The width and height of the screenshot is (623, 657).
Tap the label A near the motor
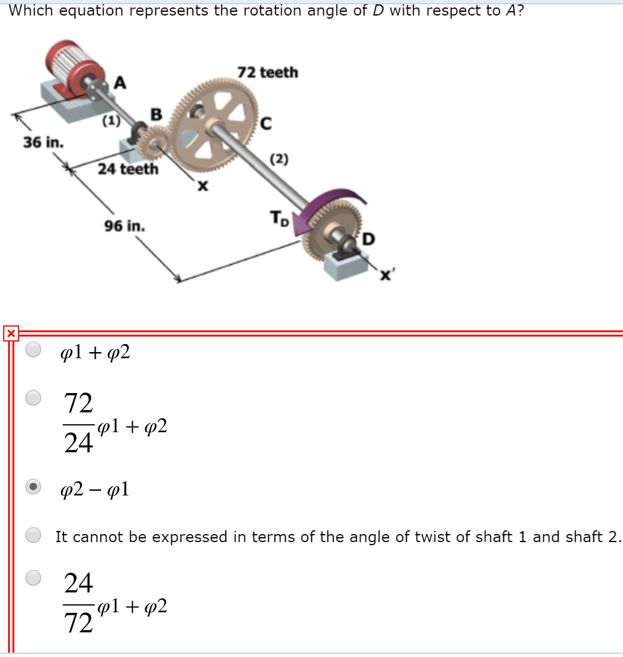119,83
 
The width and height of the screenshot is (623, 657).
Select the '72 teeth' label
267,73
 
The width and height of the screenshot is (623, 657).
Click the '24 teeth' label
127,169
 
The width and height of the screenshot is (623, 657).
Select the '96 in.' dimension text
125,226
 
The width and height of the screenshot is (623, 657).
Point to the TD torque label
279,219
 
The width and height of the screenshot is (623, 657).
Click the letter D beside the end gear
369,238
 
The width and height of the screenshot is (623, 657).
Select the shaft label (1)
111,122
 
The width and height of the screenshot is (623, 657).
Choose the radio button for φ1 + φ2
34,350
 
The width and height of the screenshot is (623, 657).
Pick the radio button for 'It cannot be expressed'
34,534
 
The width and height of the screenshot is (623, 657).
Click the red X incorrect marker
10,333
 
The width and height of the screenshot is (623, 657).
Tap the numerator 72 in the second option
79,404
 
